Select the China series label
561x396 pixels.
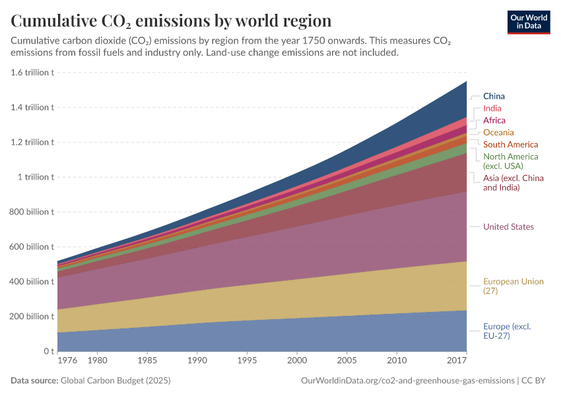tap(494, 96)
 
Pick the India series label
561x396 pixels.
tap(492, 108)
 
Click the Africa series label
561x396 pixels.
tap(494, 120)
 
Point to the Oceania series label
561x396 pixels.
tap(498, 133)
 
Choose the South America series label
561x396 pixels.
tap(510, 145)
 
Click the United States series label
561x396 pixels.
tap(508, 227)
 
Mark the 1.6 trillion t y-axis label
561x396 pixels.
tap(32, 73)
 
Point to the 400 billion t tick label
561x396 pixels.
tap(31, 282)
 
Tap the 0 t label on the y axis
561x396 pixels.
tap(48, 351)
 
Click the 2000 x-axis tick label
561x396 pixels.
tap(298, 362)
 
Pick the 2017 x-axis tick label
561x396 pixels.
tap(457, 362)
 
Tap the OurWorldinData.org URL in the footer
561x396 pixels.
tap(407, 381)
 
